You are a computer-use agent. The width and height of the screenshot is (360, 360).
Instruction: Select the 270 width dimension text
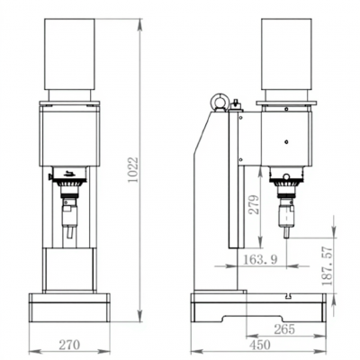point(69,343)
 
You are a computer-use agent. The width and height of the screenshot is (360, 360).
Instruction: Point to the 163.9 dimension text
point(261,259)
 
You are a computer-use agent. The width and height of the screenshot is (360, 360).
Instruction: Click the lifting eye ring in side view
point(218,103)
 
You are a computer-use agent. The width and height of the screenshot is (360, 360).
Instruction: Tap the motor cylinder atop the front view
point(70,53)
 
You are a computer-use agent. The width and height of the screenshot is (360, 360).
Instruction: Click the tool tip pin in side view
point(287,231)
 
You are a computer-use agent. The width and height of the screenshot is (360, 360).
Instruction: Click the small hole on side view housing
point(287,141)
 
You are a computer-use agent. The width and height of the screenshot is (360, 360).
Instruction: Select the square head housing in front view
point(69,135)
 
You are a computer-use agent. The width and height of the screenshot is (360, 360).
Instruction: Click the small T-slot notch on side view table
point(286,297)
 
